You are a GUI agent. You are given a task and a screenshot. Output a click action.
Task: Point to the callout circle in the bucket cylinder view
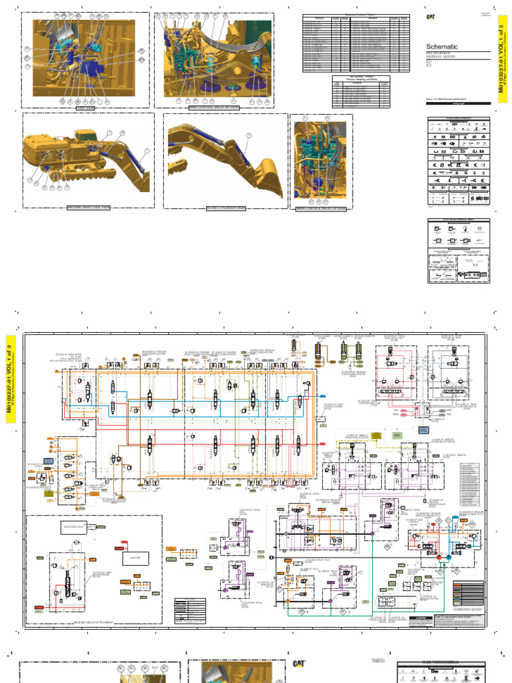[x=248, y=135]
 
